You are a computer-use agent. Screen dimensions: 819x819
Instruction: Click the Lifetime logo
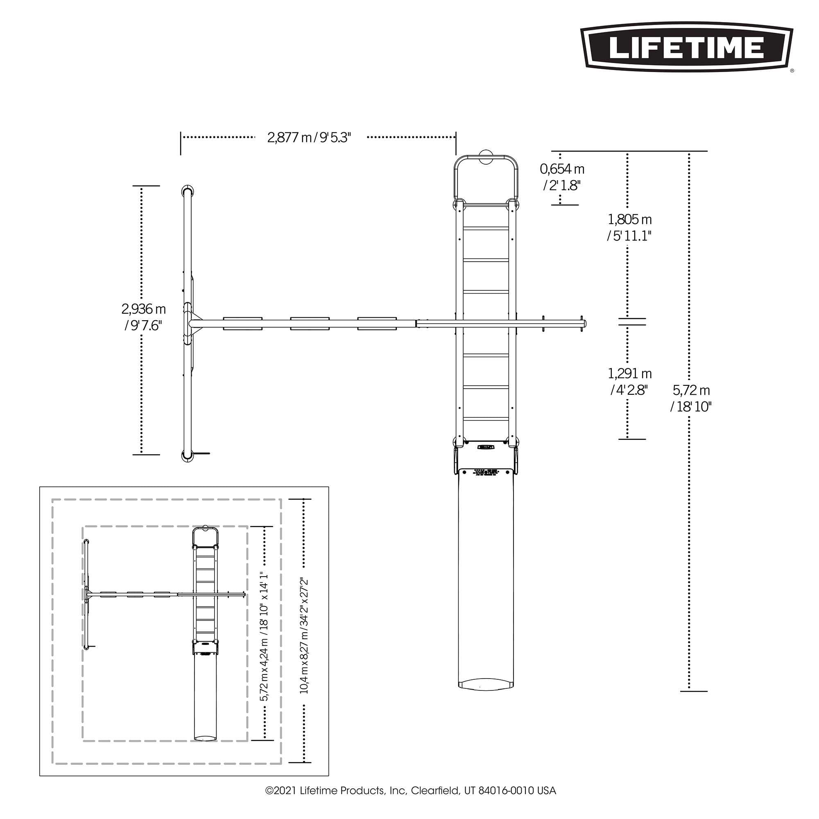(x=686, y=48)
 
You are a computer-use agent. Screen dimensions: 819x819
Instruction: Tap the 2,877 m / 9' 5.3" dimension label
(x=309, y=137)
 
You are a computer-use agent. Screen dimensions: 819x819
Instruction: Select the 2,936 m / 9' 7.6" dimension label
(x=143, y=317)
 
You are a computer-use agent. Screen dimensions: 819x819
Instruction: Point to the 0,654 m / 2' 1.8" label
(x=562, y=177)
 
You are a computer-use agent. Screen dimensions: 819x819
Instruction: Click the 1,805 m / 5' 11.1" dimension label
(x=629, y=228)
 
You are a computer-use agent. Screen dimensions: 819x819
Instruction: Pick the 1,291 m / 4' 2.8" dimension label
(x=629, y=382)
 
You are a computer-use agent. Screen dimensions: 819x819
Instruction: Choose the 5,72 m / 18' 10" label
(x=691, y=398)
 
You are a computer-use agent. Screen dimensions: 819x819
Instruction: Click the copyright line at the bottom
(x=410, y=791)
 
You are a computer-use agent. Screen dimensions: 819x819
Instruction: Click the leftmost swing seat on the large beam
(x=242, y=323)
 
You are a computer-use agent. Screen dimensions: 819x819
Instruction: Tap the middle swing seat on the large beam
(x=310, y=323)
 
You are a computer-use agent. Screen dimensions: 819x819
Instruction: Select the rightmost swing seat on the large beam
(x=376, y=323)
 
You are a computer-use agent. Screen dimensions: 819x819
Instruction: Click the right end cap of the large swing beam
(x=585, y=324)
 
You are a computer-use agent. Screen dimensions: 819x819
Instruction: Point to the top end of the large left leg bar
(x=187, y=190)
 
